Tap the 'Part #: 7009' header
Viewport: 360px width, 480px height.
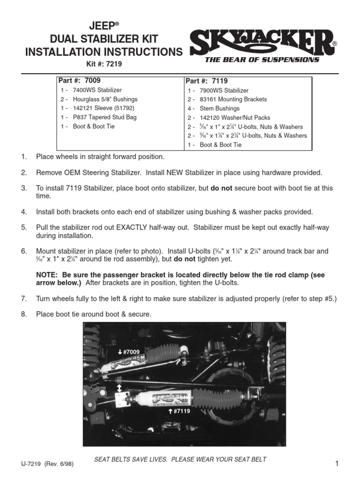click(79, 81)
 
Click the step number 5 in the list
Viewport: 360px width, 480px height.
click(23, 227)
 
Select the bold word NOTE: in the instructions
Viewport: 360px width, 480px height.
click(47, 275)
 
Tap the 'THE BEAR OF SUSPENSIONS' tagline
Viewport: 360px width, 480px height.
click(262, 60)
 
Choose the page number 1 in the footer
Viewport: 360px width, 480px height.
click(337, 464)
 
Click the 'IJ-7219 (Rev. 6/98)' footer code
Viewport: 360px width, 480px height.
click(46, 464)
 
